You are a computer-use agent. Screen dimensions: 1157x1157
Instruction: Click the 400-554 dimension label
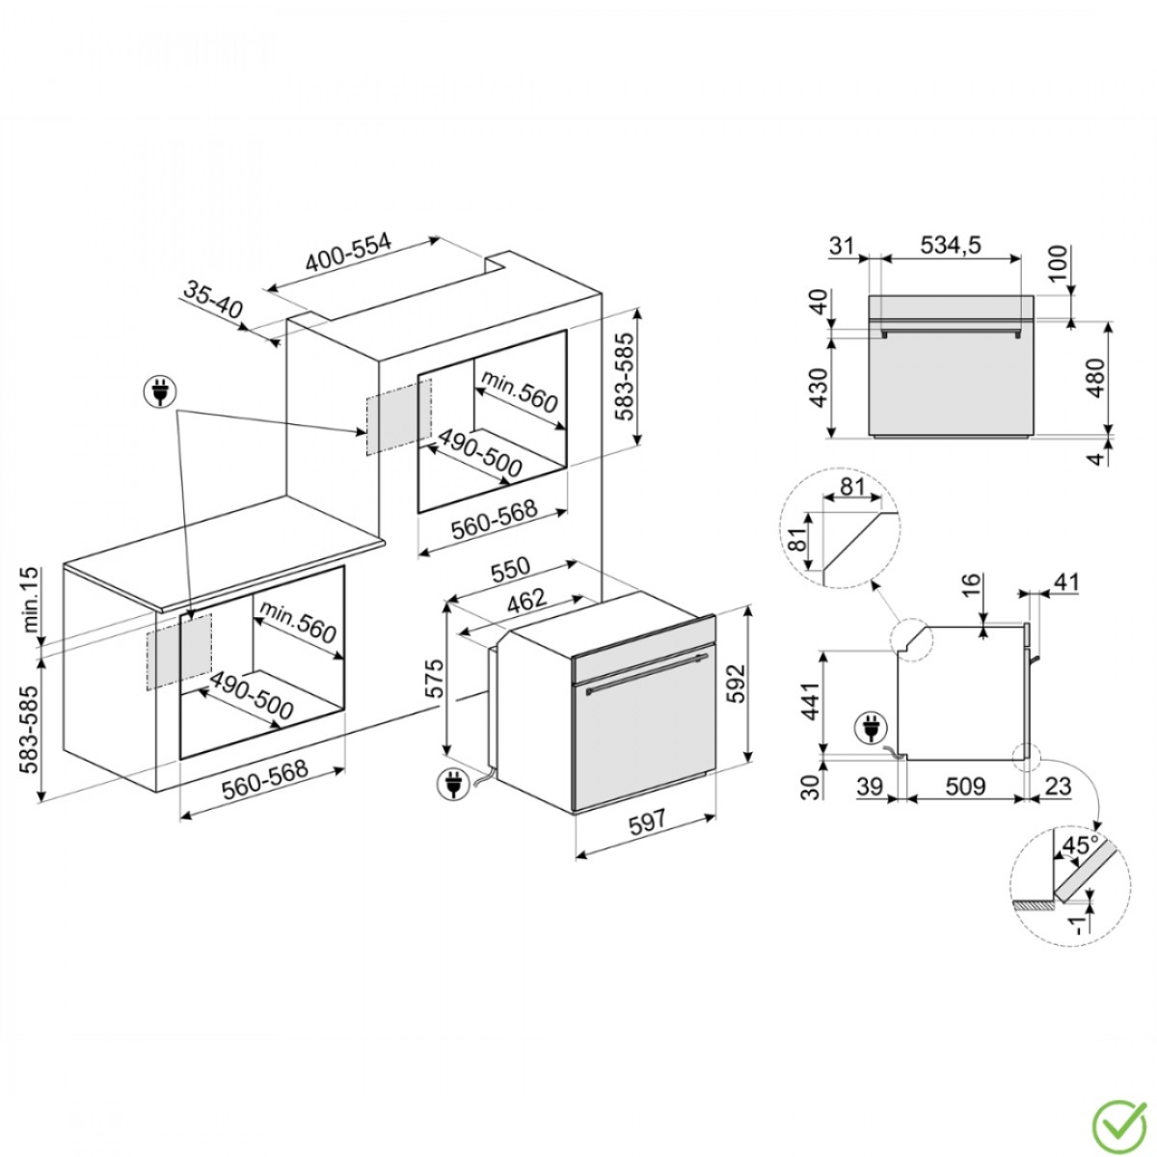(349, 253)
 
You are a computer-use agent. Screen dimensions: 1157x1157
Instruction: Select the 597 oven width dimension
(647, 821)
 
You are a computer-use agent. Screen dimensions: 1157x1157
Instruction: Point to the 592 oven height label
(736, 684)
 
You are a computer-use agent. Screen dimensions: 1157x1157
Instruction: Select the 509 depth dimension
(965, 786)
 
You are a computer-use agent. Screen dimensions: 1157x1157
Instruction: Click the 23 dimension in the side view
(1058, 786)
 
